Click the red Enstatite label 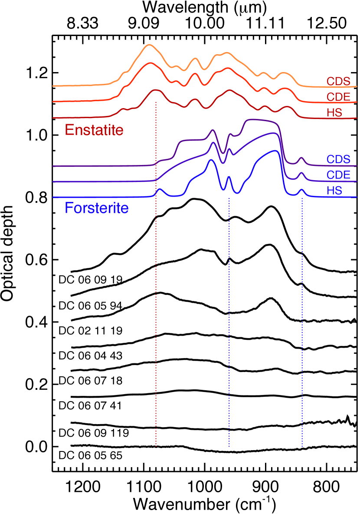click(94, 130)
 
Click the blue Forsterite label click(97, 209)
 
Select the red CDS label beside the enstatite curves click(338, 82)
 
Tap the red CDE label click(338, 97)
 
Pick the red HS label click(334, 113)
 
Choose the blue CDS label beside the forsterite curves click(338, 159)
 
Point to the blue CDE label click(338, 175)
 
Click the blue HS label click(334, 191)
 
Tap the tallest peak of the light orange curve click(150, 45)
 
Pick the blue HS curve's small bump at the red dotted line click(160, 189)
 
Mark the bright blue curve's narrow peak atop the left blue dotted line click(229, 177)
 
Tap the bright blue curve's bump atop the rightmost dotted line click(302, 190)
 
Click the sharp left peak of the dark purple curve click(213, 130)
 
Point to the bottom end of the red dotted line click(156, 446)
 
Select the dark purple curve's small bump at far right click(301, 158)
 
